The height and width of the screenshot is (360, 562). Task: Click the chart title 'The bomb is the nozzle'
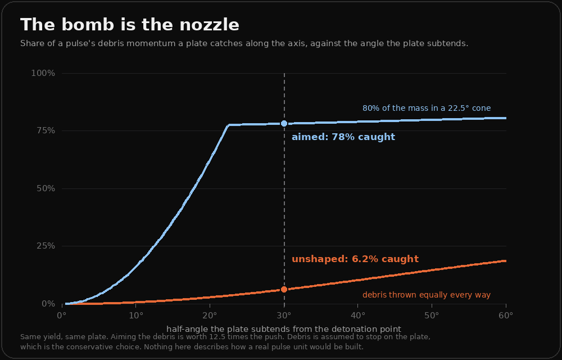(130, 25)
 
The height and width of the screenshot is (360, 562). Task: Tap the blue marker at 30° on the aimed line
(284, 123)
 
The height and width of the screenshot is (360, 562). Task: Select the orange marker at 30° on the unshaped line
(284, 289)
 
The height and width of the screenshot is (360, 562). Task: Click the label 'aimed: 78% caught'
(343, 137)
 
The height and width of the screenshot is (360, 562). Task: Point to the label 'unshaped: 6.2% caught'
(355, 259)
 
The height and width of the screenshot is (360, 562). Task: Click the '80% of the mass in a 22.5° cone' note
(427, 108)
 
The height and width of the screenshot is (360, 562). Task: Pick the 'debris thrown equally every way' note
(427, 295)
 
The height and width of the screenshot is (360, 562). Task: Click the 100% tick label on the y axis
(43, 73)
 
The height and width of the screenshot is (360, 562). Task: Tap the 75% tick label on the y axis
(46, 131)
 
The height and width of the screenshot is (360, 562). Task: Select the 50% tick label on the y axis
(46, 188)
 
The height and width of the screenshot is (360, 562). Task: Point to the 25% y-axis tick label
(46, 246)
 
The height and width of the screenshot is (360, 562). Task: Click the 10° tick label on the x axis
(136, 316)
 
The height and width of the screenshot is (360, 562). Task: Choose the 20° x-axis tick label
(210, 316)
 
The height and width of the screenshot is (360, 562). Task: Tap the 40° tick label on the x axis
(358, 316)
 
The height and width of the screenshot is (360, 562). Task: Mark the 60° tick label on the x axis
(506, 316)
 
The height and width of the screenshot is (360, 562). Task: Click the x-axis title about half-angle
(284, 329)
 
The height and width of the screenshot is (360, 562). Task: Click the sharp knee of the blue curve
(228, 125)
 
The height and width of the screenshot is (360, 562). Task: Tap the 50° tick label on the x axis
(432, 316)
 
